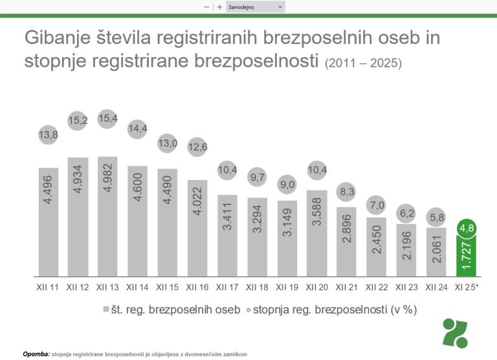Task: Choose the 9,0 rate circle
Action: click(x=289, y=185)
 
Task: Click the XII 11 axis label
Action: click(x=44, y=287)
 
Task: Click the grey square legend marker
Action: click(x=106, y=309)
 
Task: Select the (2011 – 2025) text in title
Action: click(x=364, y=64)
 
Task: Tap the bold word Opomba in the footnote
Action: click(x=36, y=354)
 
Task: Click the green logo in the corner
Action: click(x=459, y=333)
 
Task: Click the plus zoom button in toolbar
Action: click(x=220, y=6)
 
